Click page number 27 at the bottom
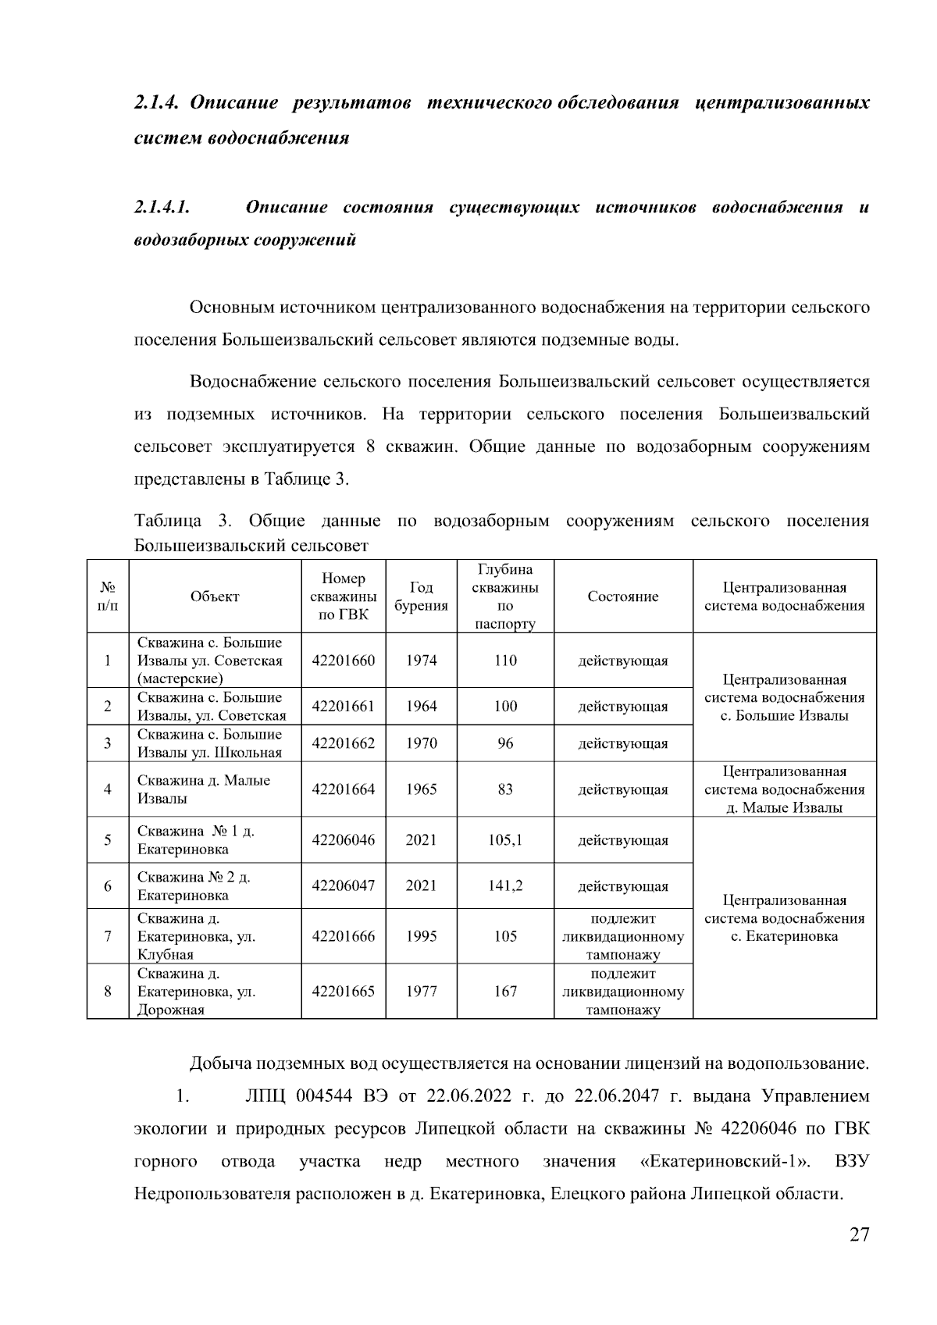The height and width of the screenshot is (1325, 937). (x=859, y=1235)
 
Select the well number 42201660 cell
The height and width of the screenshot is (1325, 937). (x=343, y=661)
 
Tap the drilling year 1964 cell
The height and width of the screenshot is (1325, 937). (x=421, y=707)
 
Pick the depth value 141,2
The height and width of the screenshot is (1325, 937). (x=505, y=885)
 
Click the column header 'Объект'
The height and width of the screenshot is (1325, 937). (x=215, y=597)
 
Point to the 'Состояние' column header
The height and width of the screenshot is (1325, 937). (x=622, y=597)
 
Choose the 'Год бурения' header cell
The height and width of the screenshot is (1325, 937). (x=421, y=597)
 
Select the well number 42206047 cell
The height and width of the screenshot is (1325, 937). (x=343, y=885)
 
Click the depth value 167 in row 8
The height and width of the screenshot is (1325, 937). (x=505, y=992)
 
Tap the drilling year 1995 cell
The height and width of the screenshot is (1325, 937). (x=421, y=936)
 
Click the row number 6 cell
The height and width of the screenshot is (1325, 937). (x=108, y=885)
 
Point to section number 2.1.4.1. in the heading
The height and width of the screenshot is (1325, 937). (x=162, y=208)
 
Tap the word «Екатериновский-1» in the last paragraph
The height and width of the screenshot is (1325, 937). (x=724, y=1162)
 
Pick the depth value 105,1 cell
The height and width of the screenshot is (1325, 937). (x=505, y=840)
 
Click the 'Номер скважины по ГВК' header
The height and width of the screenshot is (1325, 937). (x=343, y=597)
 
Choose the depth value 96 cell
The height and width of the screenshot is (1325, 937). (x=505, y=743)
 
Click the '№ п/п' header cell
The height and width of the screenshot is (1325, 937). (x=108, y=597)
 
